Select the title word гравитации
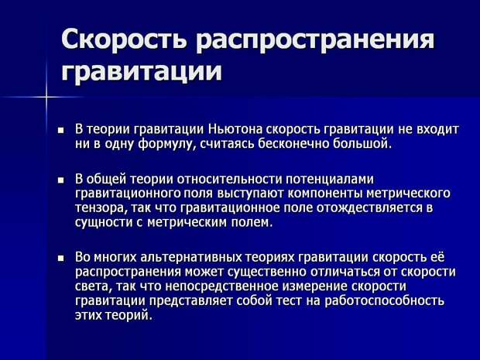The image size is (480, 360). click(142, 72)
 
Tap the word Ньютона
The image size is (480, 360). click(235, 129)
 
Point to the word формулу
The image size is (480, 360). click(166, 144)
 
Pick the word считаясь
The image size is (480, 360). click(227, 144)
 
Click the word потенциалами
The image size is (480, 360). click(330, 180)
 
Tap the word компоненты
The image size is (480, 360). click(325, 194)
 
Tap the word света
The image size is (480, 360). click(91, 286)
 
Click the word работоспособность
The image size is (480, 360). click(384, 301)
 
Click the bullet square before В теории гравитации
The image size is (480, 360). click(61, 130)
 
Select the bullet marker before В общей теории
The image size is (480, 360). click(61, 180)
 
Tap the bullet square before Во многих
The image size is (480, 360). click(61, 258)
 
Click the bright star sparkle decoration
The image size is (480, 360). click(46, 98)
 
